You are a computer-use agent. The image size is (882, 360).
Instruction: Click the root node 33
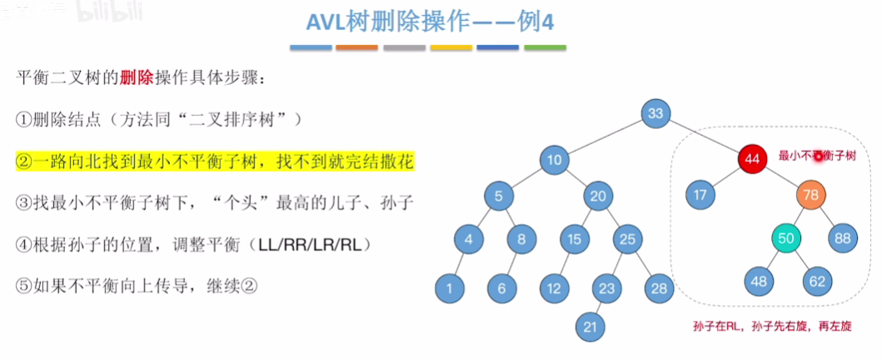(657, 115)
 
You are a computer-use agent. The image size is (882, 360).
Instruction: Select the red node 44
(752, 157)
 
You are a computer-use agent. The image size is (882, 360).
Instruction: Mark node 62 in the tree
(815, 282)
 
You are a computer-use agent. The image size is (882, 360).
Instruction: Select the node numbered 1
(450, 288)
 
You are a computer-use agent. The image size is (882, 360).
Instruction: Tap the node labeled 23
(607, 288)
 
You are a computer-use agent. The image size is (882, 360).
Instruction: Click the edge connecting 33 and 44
(704, 136)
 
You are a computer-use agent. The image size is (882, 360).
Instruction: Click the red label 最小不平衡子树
(817, 156)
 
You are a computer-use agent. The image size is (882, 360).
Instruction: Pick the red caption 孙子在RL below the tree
(715, 326)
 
